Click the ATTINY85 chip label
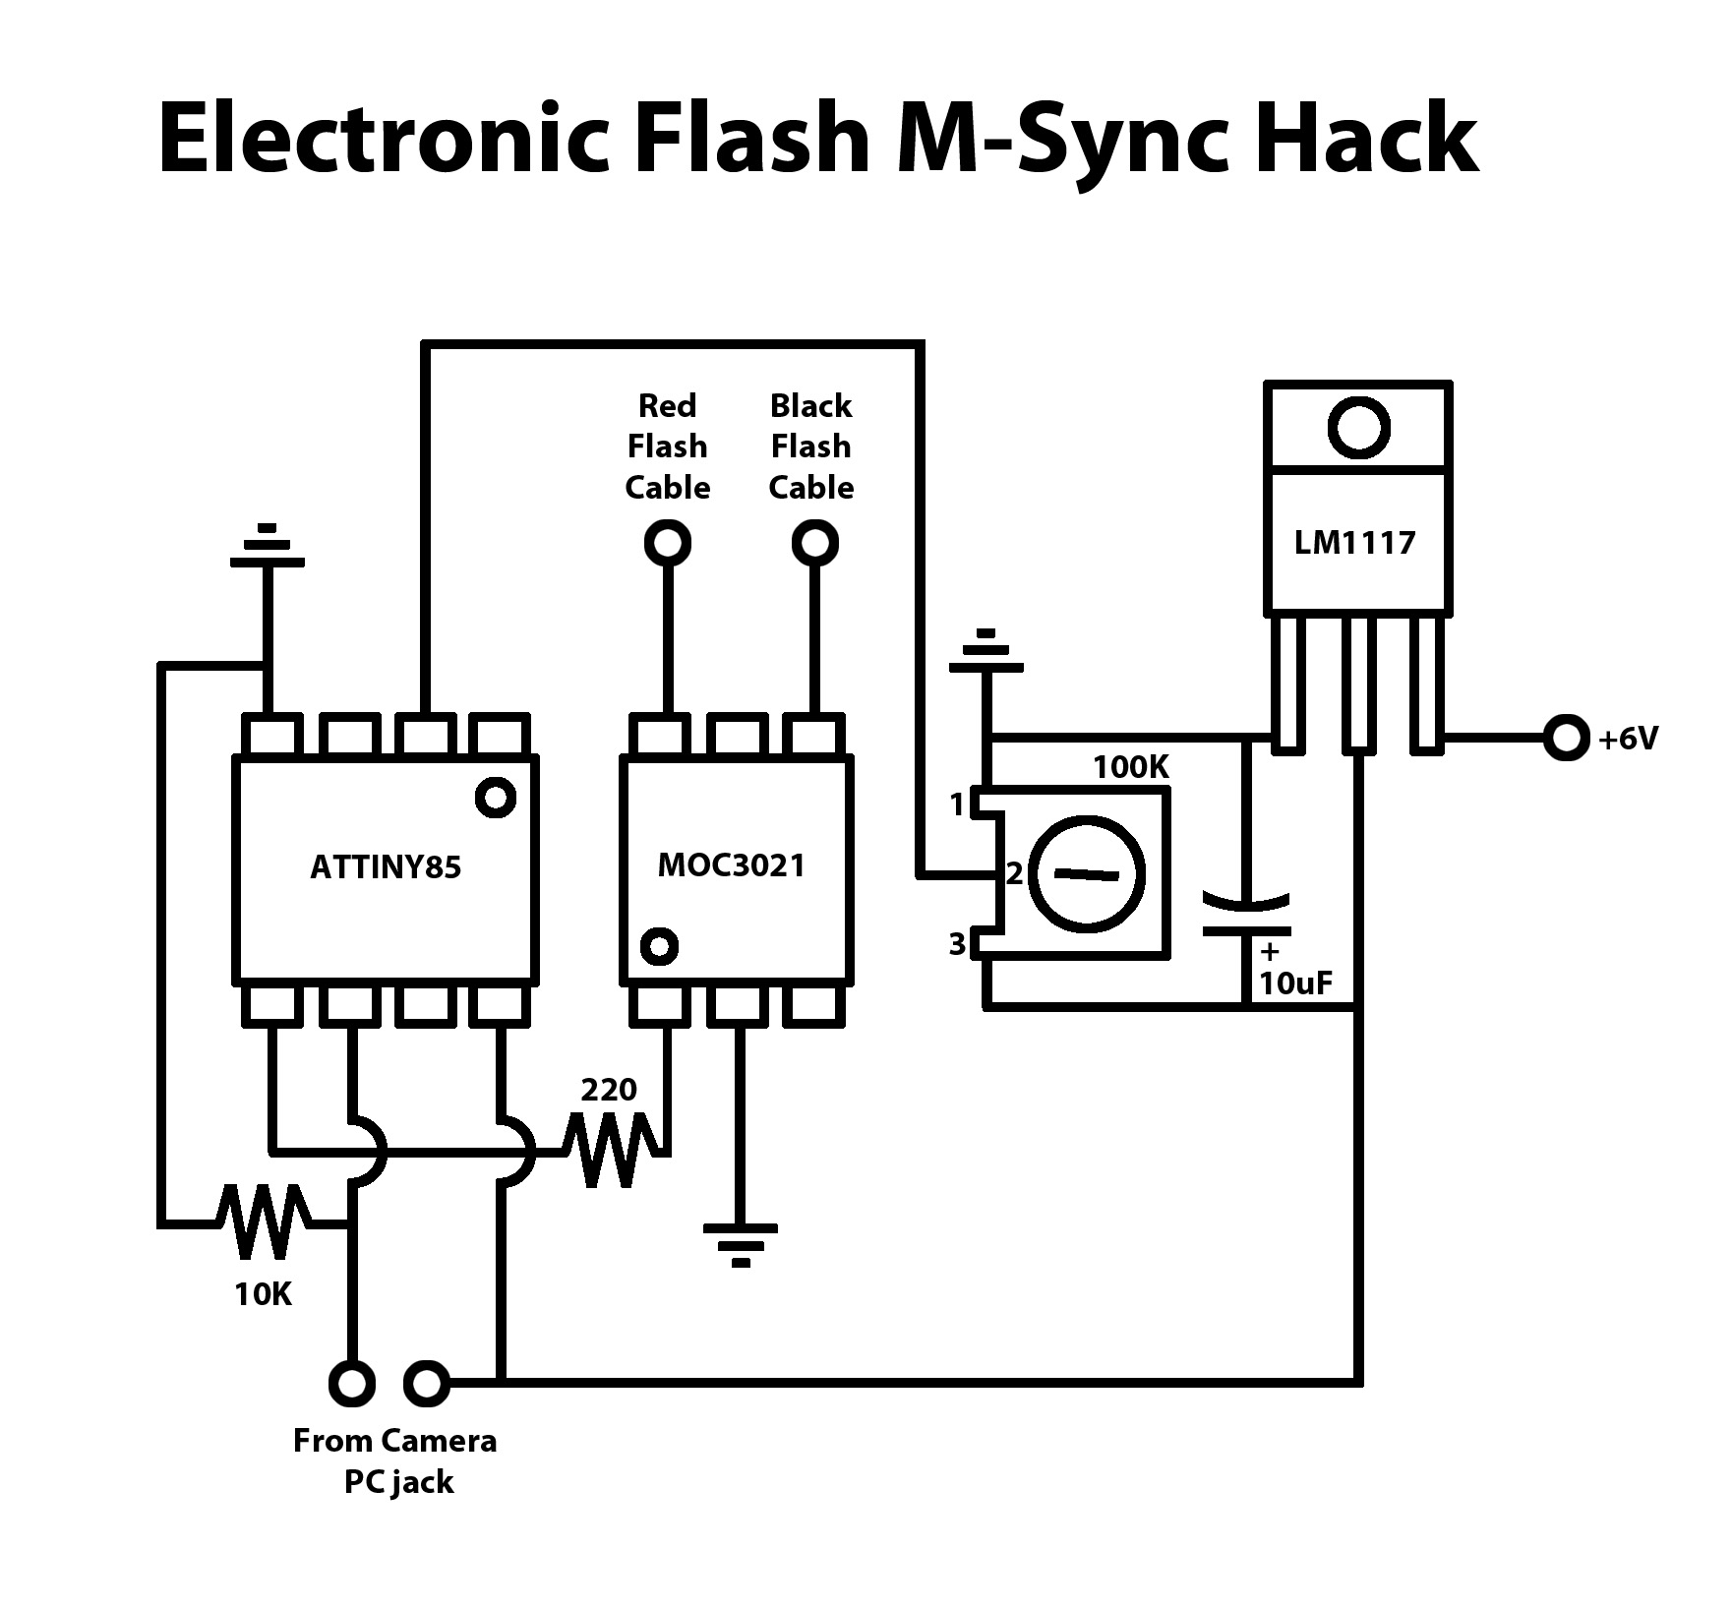(x=386, y=867)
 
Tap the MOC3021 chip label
(x=732, y=865)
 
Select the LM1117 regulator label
(x=1354, y=542)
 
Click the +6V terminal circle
(x=1566, y=738)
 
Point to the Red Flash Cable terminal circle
(x=668, y=542)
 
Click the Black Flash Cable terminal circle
(x=815, y=542)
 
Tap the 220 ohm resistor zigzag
(x=610, y=1149)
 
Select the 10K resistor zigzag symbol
(x=264, y=1222)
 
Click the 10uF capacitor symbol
(x=1246, y=915)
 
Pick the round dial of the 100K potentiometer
(x=1087, y=873)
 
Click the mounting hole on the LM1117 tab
(x=1358, y=428)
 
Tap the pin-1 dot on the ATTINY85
(x=495, y=797)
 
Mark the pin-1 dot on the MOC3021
(x=659, y=946)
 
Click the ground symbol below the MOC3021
(x=741, y=1243)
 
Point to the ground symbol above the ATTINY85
(x=267, y=548)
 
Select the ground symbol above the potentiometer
(x=986, y=653)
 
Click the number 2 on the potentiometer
(x=1014, y=873)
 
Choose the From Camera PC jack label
(x=395, y=1460)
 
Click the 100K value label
(x=1131, y=767)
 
